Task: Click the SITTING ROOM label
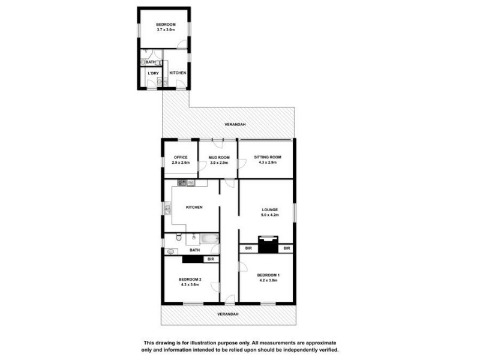[x=267, y=157]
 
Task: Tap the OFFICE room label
[x=181, y=157]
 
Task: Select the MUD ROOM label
[x=218, y=157]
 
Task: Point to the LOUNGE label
[x=269, y=209]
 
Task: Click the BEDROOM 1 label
[x=269, y=275]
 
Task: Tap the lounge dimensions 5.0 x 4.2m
[x=269, y=215]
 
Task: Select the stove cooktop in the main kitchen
[x=182, y=182]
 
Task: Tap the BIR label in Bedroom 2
[x=211, y=259]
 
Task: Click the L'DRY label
[x=154, y=73]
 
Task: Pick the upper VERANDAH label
[x=235, y=124]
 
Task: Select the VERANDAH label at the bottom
[x=227, y=314]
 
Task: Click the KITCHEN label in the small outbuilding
[x=178, y=73]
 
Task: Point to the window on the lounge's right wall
[x=295, y=213]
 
